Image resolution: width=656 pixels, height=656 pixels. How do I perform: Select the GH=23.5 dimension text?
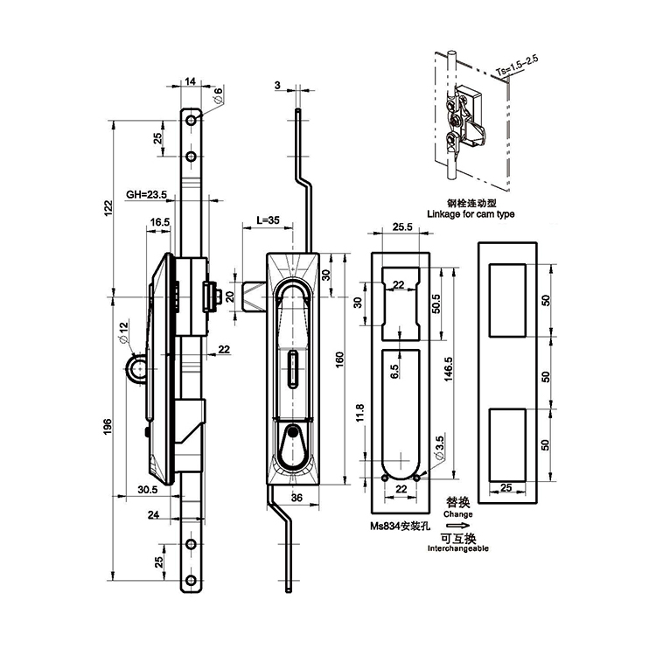(146, 195)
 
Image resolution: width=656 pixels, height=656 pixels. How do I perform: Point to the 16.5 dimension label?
(159, 223)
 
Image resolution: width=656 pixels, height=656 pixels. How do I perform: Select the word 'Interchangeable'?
(458, 548)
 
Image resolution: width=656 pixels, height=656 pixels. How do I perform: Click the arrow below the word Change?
(459, 526)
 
